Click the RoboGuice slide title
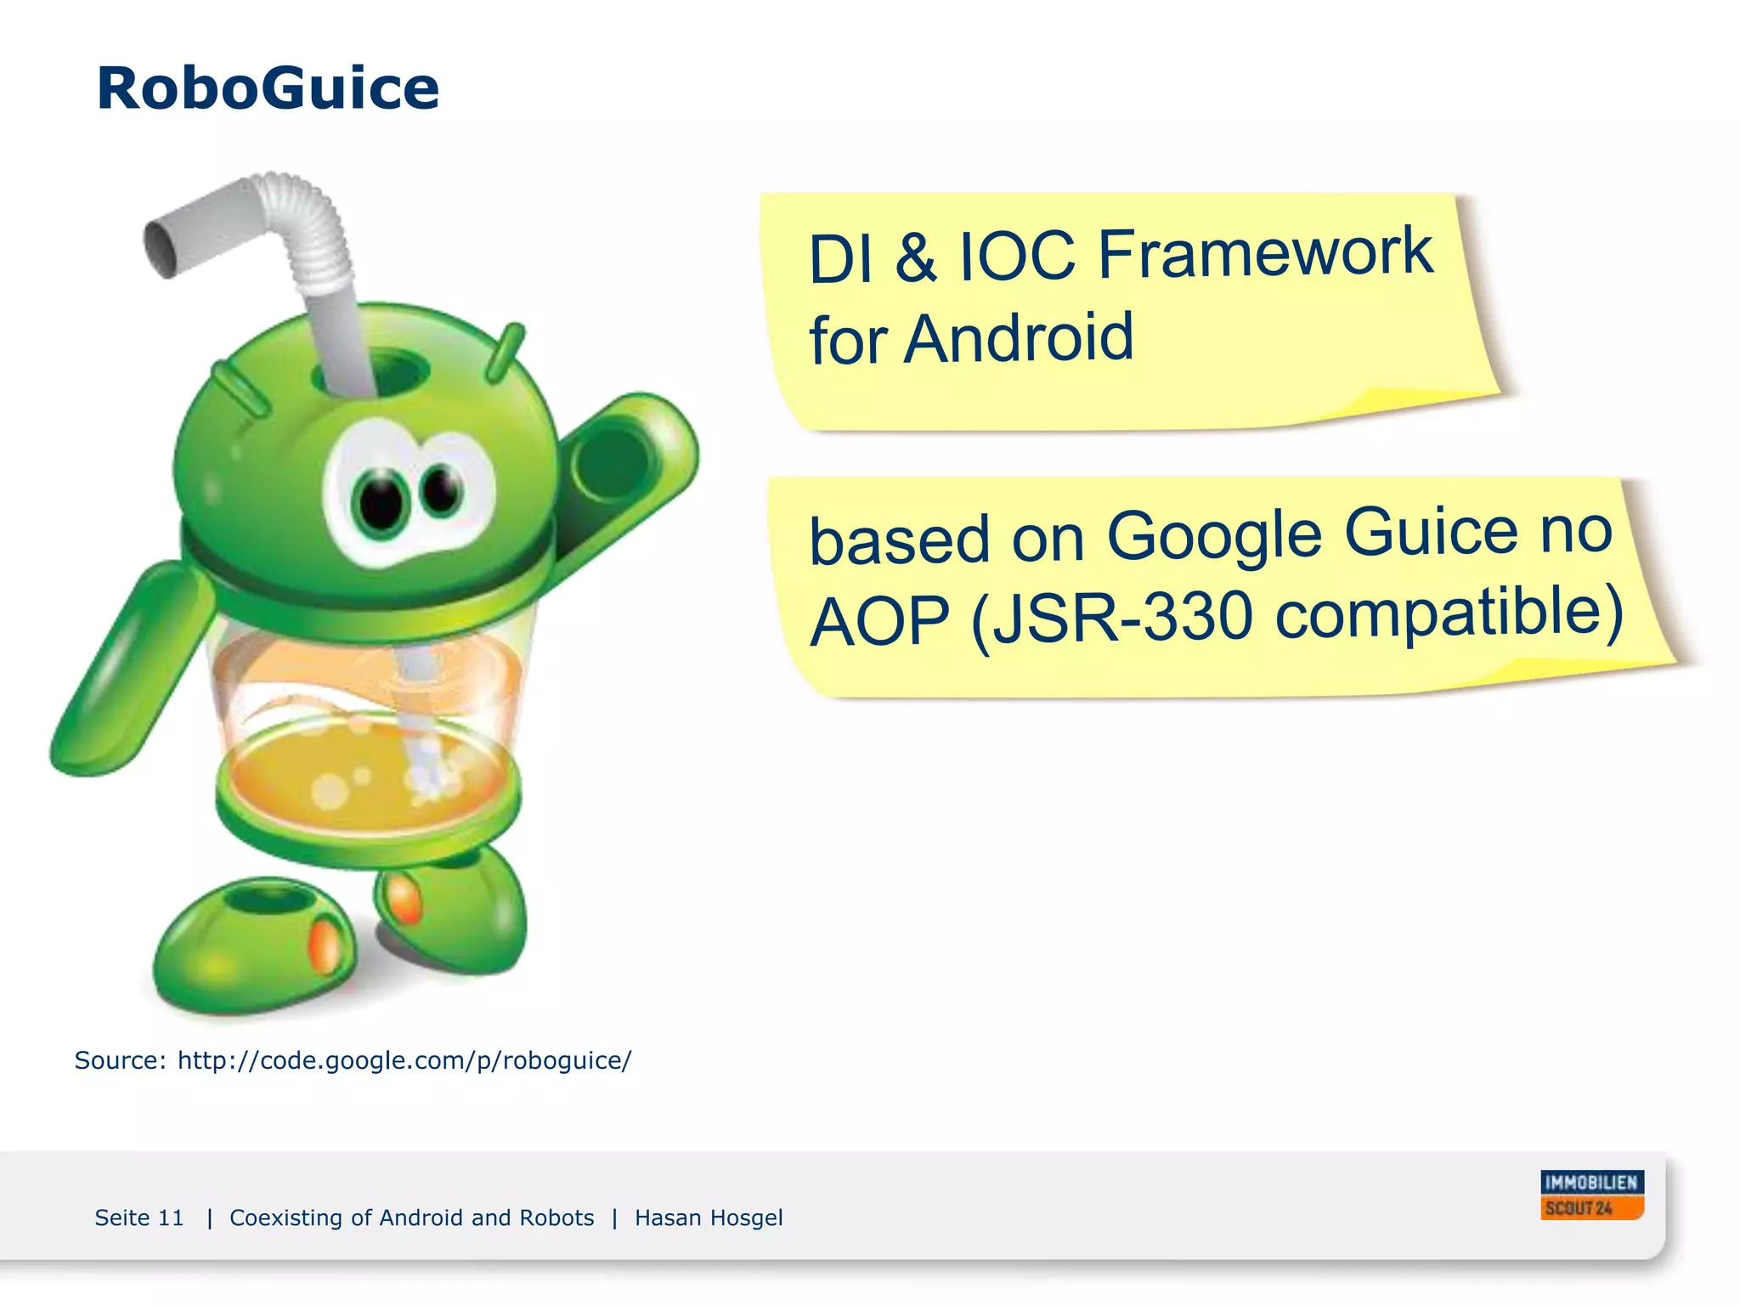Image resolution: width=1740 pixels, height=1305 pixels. coord(268,88)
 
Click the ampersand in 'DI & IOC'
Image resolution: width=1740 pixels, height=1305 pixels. coord(916,257)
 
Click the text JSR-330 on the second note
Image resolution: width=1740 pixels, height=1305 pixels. coord(1112,617)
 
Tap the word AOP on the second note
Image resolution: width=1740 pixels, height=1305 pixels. coord(879,622)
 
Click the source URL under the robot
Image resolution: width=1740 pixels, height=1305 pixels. coord(404,1060)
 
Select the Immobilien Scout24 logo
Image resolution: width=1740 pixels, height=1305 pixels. coord(1591,1195)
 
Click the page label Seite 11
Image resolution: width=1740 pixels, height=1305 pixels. coord(139,1217)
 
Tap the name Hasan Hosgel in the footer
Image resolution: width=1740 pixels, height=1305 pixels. coord(709,1217)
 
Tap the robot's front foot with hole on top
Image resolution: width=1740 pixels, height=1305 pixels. coord(255,943)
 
